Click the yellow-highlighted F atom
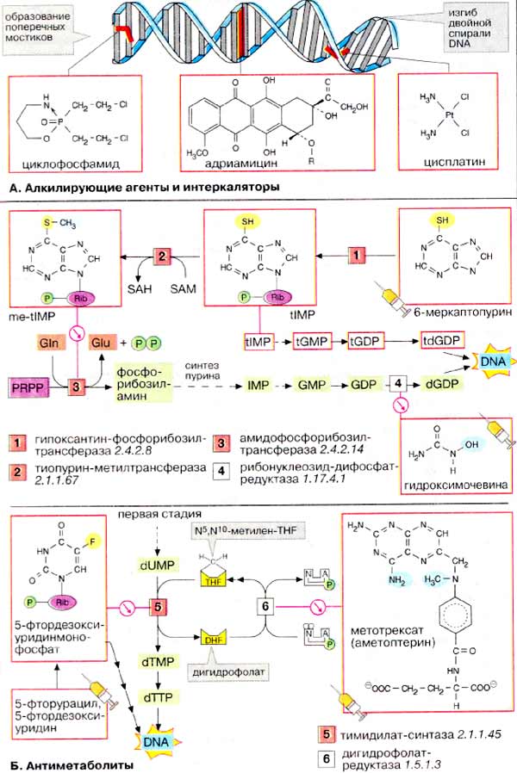click(89, 541)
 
